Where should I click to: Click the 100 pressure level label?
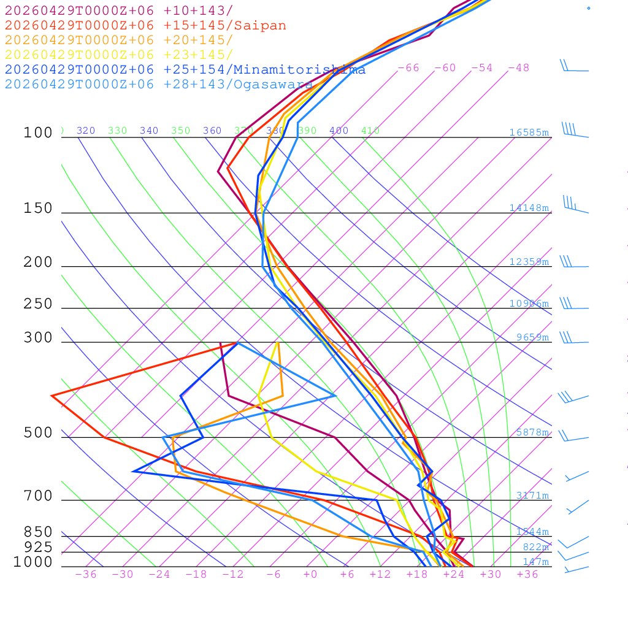pyautogui.click(x=38, y=132)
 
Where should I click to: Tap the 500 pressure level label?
pyautogui.click(x=38, y=433)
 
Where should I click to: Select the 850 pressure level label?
pyautogui.click(x=38, y=532)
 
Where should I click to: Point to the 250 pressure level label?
pyautogui.click(x=38, y=304)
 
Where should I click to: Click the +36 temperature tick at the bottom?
pyautogui.click(x=527, y=574)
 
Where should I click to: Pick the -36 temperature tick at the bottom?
pyautogui.click(x=86, y=574)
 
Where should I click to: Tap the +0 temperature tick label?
pyautogui.click(x=310, y=574)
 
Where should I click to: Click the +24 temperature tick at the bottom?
pyautogui.click(x=454, y=574)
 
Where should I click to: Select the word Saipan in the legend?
pyautogui.click(x=260, y=26)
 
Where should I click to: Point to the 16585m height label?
pyautogui.click(x=529, y=132)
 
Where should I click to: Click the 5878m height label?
pyautogui.click(x=532, y=432)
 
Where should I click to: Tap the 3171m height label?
pyautogui.click(x=532, y=495)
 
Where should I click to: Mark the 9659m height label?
pyautogui.click(x=532, y=337)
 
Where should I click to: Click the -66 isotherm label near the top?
pyautogui.click(x=408, y=67)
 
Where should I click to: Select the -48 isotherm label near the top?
pyautogui.click(x=518, y=67)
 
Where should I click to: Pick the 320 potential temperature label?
pyautogui.click(x=86, y=131)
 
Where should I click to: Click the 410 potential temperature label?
pyautogui.click(x=370, y=131)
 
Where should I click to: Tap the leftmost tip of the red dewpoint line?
pyautogui.click(x=52, y=396)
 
